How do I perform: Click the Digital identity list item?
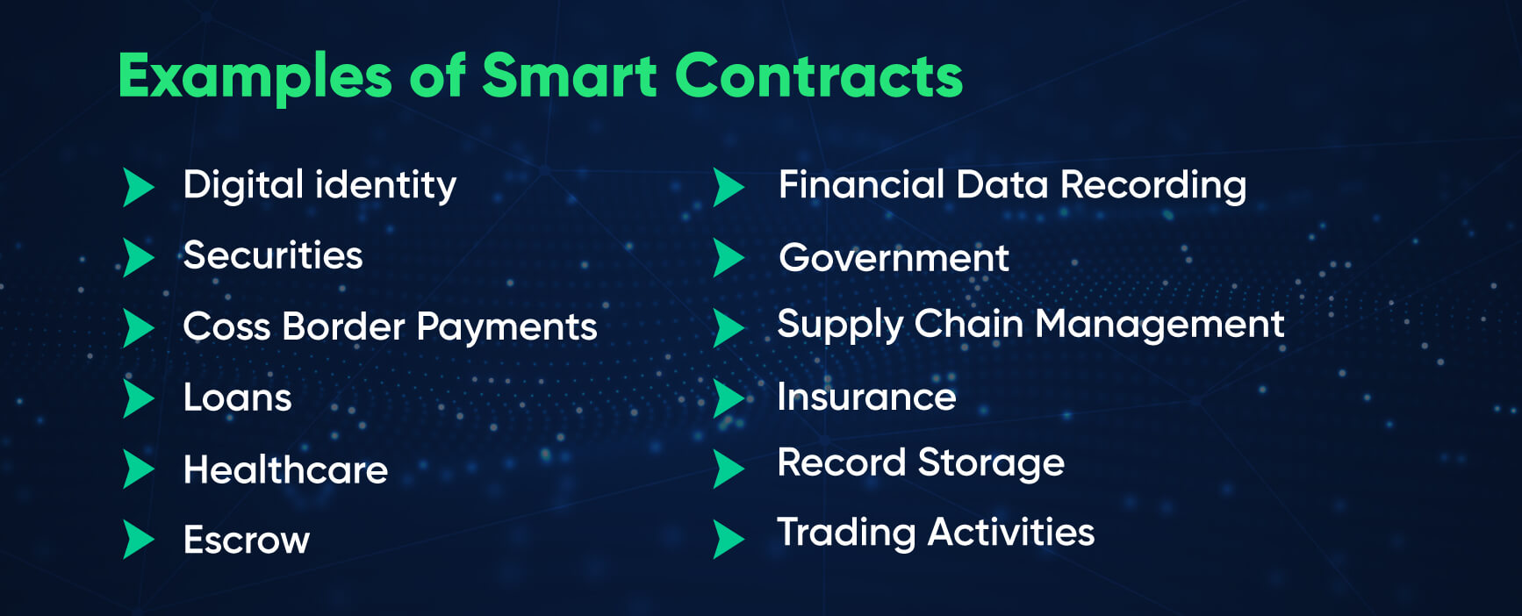(319, 185)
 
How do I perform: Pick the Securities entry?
(273, 255)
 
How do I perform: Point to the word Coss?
(226, 327)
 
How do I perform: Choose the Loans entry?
(237, 398)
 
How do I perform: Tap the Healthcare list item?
(285, 469)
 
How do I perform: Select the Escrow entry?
(247, 540)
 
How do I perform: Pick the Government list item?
(894, 258)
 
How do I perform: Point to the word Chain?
(969, 324)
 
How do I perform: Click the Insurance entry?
(866, 397)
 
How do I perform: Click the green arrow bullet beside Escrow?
(140, 540)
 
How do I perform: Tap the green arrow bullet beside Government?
(729, 258)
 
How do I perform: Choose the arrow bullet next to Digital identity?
(140, 187)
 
